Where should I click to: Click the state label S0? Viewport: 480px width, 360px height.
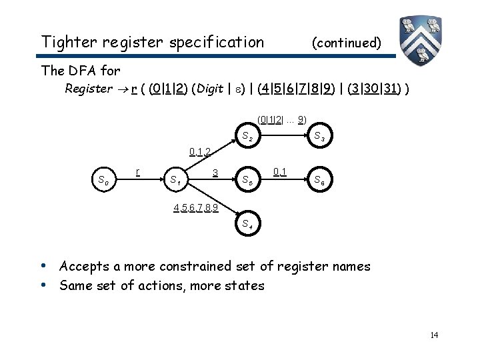pyautogui.click(x=104, y=179)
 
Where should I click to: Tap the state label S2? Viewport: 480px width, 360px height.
pyautogui.click(x=246, y=138)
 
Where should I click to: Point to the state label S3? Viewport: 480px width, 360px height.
pyautogui.click(x=319, y=138)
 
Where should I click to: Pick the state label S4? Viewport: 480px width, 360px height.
pyautogui.click(x=247, y=223)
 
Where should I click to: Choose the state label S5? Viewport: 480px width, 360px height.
pyautogui.click(x=247, y=179)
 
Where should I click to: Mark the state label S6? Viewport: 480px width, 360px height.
pyautogui.click(x=319, y=179)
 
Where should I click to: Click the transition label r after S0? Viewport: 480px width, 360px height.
pyautogui.click(x=137, y=171)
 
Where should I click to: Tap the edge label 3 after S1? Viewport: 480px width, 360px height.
pyautogui.click(x=215, y=173)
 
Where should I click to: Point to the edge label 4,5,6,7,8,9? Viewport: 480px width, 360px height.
pyautogui.click(x=196, y=207)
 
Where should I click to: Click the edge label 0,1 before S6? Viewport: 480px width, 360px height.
pyautogui.click(x=280, y=172)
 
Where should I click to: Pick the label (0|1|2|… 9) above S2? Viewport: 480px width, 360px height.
pyautogui.click(x=282, y=120)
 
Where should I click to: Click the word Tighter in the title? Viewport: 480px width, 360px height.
pyautogui.click(x=66, y=42)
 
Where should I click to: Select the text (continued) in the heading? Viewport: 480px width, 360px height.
pyautogui.click(x=347, y=43)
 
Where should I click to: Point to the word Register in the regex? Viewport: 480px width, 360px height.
pyautogui.click(x=88, y=89)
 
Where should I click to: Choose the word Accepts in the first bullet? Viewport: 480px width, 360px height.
pyautogui.click(x=83, y=266)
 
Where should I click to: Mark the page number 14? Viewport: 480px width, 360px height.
pyautogui.click(x=434, y=335)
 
